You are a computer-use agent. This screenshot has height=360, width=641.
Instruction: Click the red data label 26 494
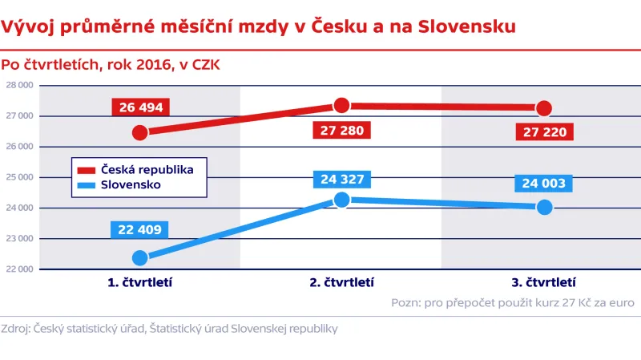(141, 108)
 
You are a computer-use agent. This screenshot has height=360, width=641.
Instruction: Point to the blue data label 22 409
(140, 230)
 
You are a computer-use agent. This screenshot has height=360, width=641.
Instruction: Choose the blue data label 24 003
(544, 184)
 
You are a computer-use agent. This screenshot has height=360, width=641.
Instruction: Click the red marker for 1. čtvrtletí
(139, 132)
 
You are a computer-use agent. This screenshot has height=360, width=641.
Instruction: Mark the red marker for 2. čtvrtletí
(341, 105)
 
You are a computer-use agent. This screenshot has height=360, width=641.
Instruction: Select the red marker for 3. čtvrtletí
(544, 108)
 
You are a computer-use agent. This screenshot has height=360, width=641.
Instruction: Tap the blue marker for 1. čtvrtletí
(139, 257)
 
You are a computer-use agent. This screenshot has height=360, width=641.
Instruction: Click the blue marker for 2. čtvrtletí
(341, 199)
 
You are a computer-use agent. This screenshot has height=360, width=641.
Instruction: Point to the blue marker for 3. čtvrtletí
(544, 207)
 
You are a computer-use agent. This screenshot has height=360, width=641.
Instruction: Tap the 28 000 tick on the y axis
(18, 86)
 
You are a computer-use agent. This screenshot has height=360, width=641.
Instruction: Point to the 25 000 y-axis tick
(18, 177)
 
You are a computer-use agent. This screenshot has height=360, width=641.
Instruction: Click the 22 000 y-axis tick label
(18, 269)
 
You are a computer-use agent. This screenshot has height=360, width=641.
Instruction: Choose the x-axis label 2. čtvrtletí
(341, 282)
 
